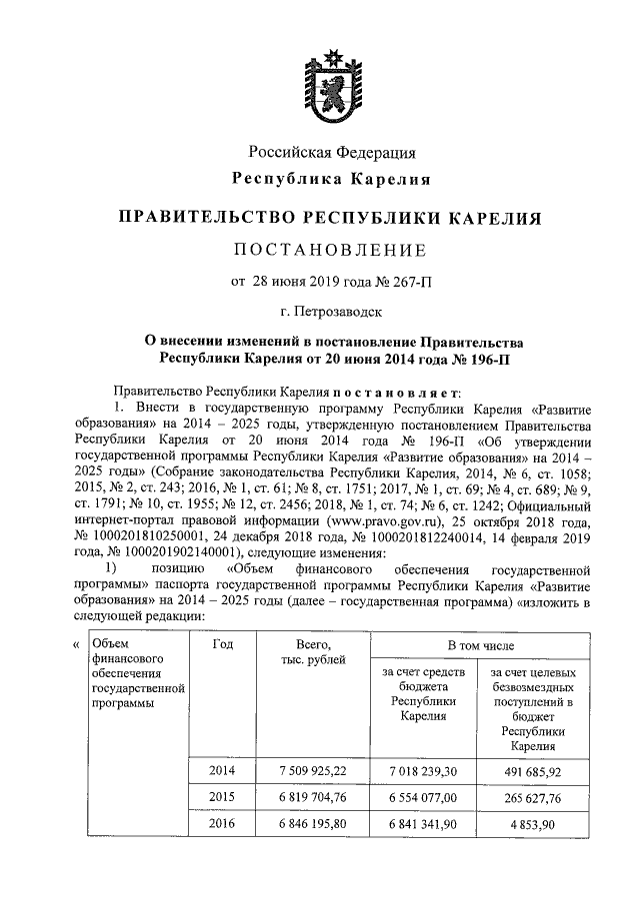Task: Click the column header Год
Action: tap(224, 644)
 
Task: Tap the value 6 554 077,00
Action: tap(424, 797)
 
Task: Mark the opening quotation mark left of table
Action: tap(76, 644)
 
